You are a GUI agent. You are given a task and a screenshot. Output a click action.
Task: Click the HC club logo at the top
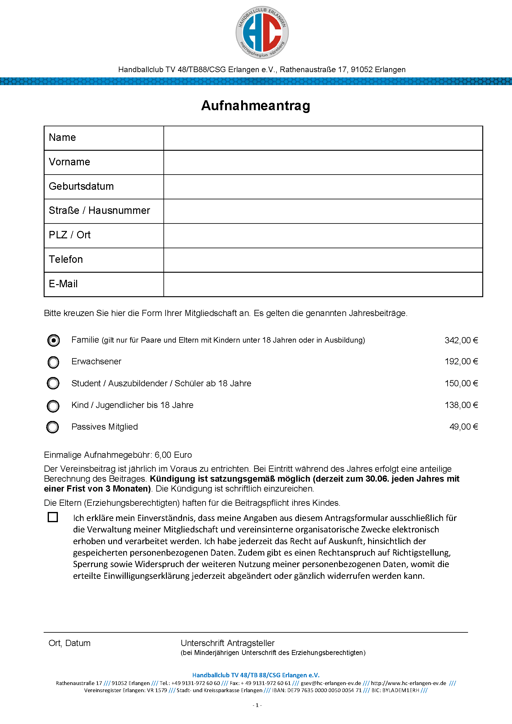(262, 33)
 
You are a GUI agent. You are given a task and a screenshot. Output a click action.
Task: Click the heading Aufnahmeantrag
(256, 106)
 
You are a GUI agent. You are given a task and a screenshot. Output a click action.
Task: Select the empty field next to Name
(323, 138)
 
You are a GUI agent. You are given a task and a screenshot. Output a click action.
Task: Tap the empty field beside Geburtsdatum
(323, 187)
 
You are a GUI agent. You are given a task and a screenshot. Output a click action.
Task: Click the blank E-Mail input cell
(323, 284)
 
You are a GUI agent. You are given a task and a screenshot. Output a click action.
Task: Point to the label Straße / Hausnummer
(99, 211)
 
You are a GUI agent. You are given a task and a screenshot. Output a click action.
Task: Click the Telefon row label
(66, 259)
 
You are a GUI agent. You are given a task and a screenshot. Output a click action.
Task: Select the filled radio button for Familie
(54, 340)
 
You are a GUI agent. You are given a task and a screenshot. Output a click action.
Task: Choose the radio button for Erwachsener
(53, 362)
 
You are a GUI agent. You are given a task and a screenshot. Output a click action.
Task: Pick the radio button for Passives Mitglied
(53, 427)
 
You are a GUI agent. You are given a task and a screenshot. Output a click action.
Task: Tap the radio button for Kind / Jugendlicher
(53, 406)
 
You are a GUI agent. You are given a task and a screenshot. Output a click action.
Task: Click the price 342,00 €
(461, 340)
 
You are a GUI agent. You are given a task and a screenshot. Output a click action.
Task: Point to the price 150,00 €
(461, 384)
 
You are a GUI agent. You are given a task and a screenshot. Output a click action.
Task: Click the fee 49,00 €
(463, 427)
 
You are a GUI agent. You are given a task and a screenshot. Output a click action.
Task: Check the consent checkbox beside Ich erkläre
(53, 517)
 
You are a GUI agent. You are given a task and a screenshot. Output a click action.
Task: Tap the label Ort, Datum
(69, 643)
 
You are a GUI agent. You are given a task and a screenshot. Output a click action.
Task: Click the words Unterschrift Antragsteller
(227, 643)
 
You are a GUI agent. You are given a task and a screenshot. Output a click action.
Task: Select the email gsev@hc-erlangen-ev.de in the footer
(331, 683)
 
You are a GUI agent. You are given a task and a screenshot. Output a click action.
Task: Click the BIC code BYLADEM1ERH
(400, 691)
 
